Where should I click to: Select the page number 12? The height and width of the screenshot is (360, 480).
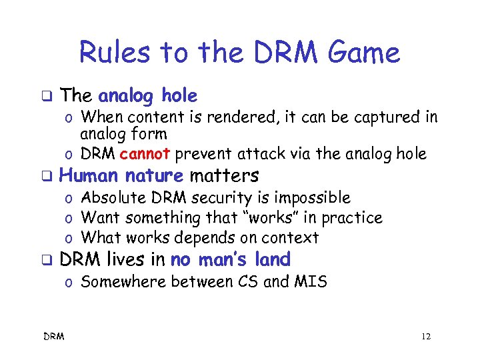pos(426,337)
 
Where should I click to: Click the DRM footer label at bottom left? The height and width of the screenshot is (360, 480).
pos(55,337)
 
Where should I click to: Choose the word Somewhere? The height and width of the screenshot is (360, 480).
pos(123,282)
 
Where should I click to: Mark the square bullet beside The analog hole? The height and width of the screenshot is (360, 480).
pos(46,97)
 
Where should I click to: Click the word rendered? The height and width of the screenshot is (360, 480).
pos(244,118)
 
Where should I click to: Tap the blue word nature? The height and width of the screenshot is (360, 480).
pos(154,176)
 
